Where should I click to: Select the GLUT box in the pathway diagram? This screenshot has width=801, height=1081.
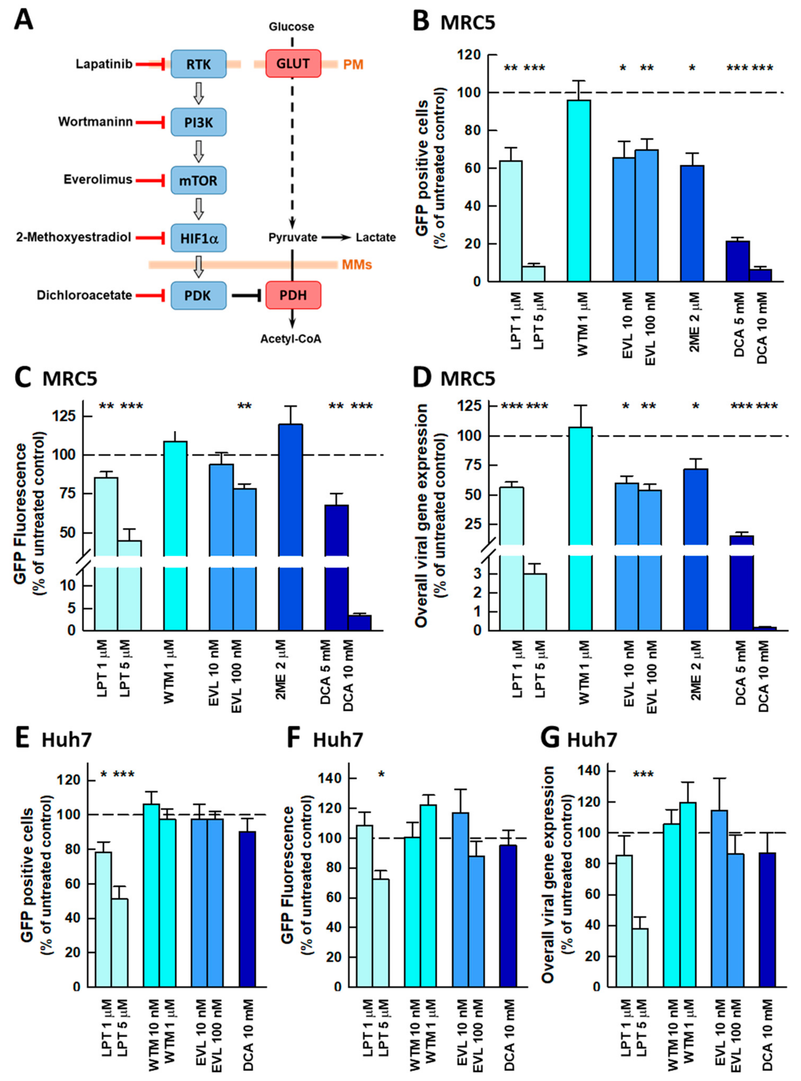tap(293, 64)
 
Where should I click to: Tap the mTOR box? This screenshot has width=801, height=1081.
tap(198, 180)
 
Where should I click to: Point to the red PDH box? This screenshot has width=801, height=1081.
tap(293, 295)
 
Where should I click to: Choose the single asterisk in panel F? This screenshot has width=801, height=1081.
tap(381, 774)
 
